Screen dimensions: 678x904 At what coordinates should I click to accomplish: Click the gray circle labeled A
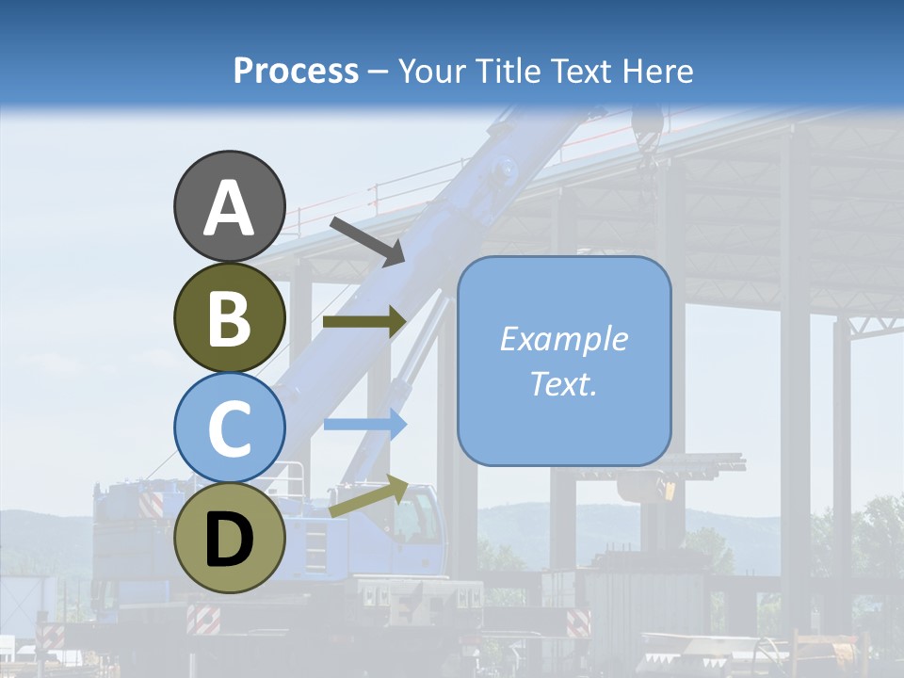click(229, 206)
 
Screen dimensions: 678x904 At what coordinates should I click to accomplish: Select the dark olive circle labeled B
click(229, 318)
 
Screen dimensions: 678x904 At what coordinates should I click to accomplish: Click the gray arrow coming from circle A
click(367, 240)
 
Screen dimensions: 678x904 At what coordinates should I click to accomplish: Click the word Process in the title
click(296, 72)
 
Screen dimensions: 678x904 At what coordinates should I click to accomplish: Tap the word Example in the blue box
click(563, 339)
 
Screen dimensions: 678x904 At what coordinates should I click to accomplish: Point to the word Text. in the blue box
click(563, 383)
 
